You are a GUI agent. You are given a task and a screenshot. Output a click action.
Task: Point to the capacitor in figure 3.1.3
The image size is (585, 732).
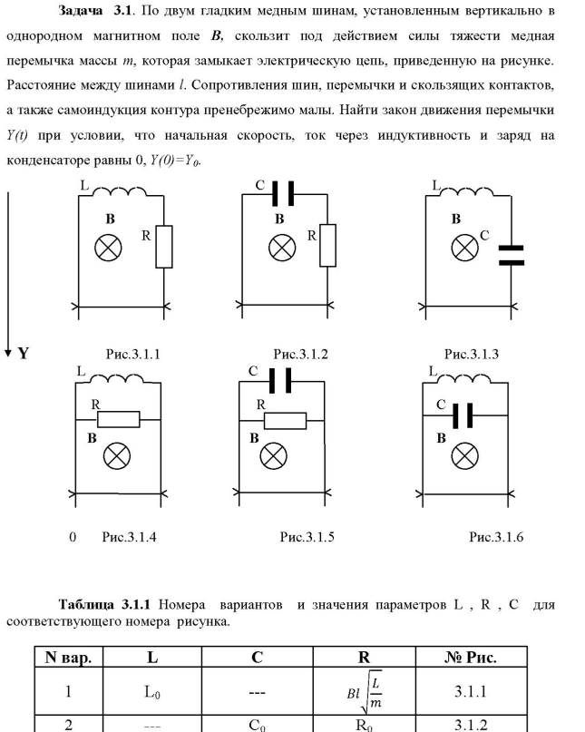click(x=512, y=255)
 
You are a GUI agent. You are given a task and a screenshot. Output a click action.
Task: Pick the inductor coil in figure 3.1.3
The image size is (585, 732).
click(x=464, y=193)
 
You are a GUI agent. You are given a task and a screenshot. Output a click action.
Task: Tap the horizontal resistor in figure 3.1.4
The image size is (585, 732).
click(x=119, y=418)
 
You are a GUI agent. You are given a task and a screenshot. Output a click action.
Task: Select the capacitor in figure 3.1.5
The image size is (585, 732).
click(x=282, y=380)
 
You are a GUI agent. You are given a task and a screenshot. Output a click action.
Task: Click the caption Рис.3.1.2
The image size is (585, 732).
click(x=300, y=355)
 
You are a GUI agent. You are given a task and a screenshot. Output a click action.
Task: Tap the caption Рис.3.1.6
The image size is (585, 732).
click(x=495, y=537)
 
